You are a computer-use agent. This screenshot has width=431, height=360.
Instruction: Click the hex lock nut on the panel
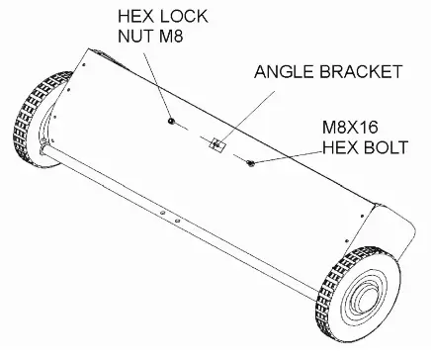(172, 122)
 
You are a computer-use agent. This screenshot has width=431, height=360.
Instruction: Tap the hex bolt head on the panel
(251, 162)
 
